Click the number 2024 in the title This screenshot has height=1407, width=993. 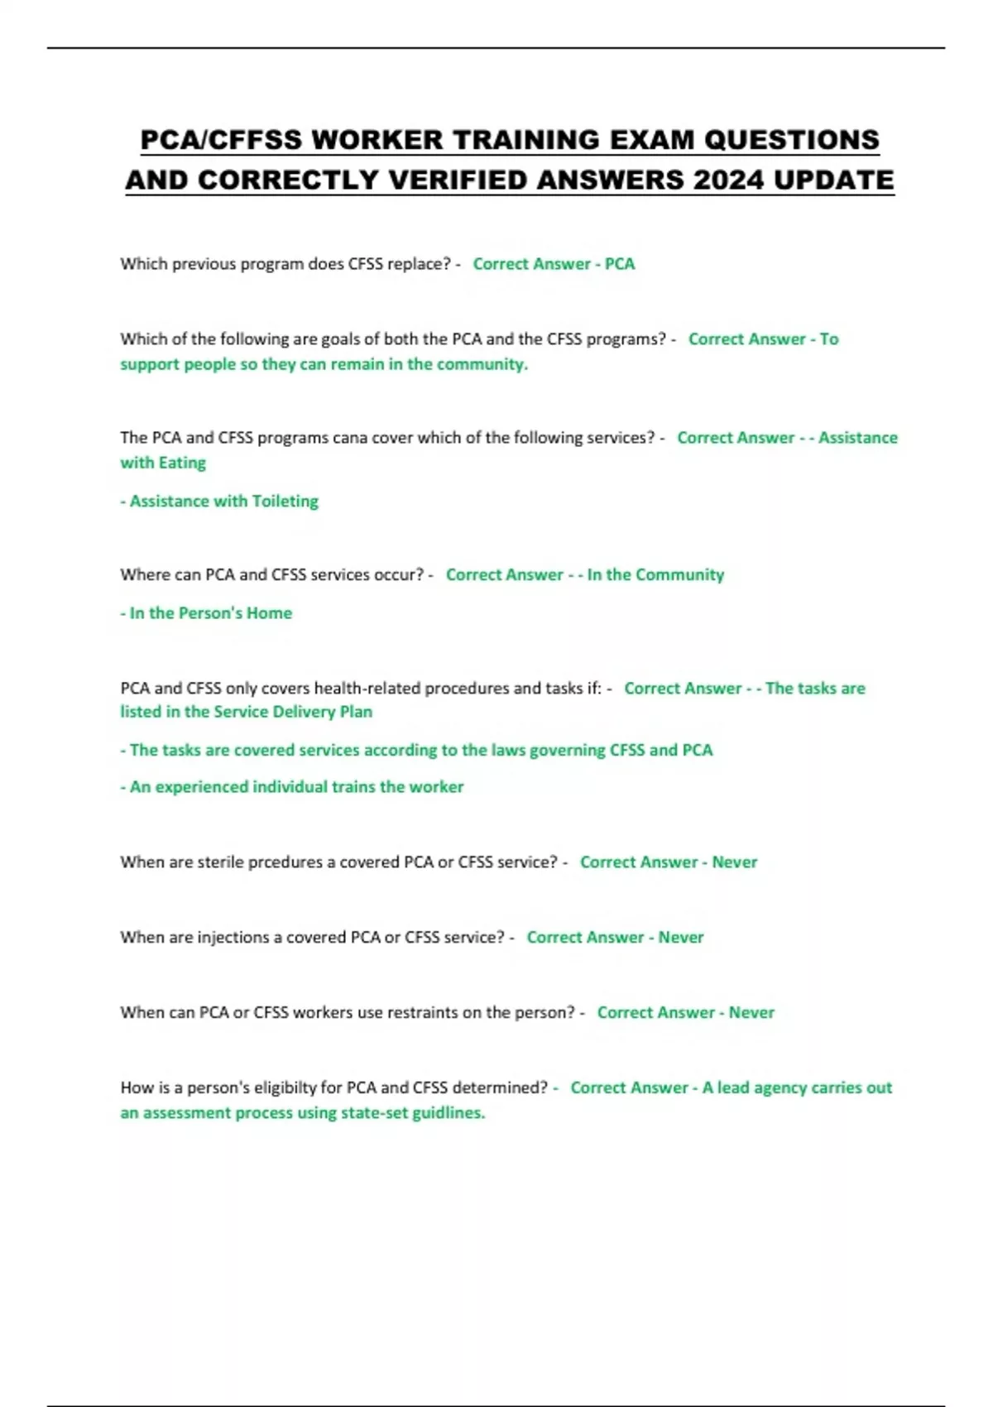tap(728, 180)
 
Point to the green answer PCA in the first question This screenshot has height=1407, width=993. tap(620, 264)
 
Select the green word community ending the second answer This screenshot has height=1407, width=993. tap(482, 364)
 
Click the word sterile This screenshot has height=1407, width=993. tap(220, 862)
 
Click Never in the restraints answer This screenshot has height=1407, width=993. tap(751, 1012)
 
